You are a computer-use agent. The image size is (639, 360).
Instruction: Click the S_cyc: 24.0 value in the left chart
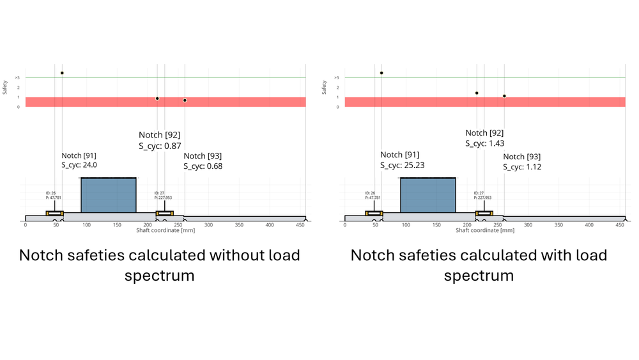tap(79, 165)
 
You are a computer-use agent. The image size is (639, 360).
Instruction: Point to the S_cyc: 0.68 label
tap(203, 166)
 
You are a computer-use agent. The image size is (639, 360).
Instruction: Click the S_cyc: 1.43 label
tap(484, 143)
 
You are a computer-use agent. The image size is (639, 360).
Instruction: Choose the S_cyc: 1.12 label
tap(521, 167)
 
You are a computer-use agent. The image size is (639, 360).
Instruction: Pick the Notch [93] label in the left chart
tap(203, 156)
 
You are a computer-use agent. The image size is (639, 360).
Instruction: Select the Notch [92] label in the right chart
tap(484, 133)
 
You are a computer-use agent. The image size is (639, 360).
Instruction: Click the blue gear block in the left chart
tap(109, 195)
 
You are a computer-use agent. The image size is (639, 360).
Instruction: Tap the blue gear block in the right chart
tap(427, 195)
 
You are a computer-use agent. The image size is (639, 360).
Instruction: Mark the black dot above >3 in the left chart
tap(62, 73)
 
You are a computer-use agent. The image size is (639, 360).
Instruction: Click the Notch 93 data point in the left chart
tap(185, 100)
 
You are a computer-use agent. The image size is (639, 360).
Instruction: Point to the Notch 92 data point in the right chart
tap(477, 93)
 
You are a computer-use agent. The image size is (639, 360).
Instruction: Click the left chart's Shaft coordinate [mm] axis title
tap(166, 230)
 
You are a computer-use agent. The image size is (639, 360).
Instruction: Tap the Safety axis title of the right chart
tap(325, 87)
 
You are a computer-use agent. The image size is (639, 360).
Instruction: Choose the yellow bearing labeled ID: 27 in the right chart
tap(484, 213)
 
